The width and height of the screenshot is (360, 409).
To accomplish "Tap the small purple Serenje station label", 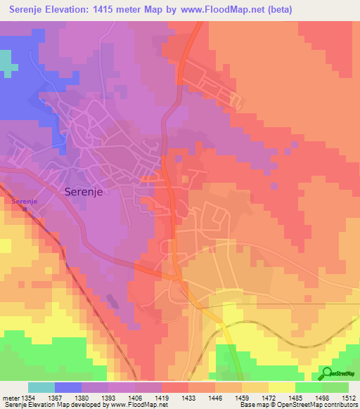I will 24,201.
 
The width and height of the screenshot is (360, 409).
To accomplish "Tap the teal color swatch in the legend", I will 41,387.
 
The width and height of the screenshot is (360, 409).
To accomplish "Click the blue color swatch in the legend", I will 67,387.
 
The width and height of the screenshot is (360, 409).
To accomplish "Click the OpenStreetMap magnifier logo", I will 326,373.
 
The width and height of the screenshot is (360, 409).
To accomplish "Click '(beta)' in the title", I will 277,10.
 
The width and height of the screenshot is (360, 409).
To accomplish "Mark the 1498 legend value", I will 322,398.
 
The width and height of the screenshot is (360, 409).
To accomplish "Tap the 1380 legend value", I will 82,398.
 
